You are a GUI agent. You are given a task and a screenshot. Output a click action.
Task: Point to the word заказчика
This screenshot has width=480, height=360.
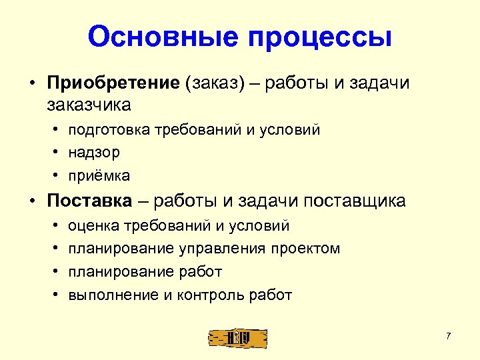(x=89, y=105)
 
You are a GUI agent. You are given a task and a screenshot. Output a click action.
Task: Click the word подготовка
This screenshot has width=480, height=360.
(x=109, y=130)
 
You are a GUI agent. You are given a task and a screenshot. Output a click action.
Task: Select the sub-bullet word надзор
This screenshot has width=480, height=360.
(x=94, y=153)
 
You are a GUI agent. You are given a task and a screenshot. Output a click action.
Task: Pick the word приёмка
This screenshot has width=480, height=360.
(x=99, y=176)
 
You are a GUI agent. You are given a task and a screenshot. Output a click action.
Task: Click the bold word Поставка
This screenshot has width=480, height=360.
(x=89, y=201)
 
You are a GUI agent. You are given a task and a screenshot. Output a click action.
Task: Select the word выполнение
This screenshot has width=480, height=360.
(x=113, y=295)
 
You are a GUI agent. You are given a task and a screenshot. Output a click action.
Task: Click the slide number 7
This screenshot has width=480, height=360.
(x=449, y=335)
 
